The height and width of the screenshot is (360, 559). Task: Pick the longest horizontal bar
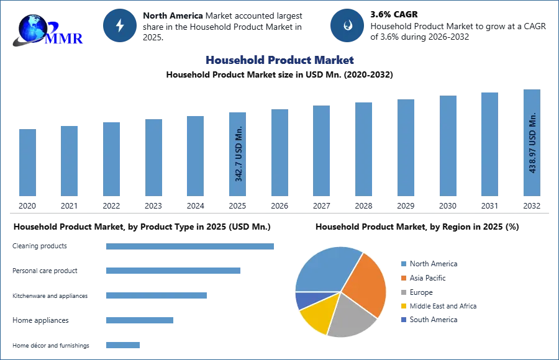191,248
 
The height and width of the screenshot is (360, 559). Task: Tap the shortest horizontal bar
124,344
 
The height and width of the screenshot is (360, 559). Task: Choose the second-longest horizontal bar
173,271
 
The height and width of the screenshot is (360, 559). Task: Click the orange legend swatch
402,278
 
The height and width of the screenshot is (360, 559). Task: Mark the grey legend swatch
402,292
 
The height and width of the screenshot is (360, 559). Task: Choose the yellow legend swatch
402,307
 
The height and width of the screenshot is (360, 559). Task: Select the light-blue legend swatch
402,264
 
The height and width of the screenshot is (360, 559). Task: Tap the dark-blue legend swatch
402,320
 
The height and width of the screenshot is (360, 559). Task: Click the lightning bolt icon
120,25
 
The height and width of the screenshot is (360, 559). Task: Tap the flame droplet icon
347,25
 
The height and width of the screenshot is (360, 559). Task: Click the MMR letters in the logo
65,38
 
